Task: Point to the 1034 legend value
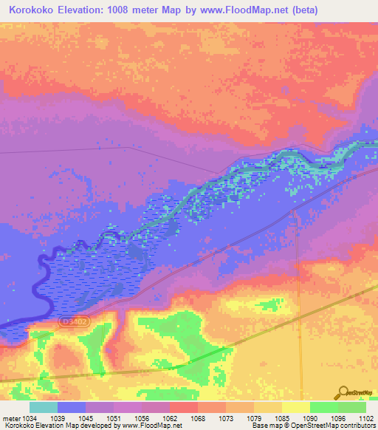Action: [30, 418]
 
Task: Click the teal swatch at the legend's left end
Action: [44, 407]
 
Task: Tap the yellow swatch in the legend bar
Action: [296, 407]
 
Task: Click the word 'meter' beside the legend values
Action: [10, 418]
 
